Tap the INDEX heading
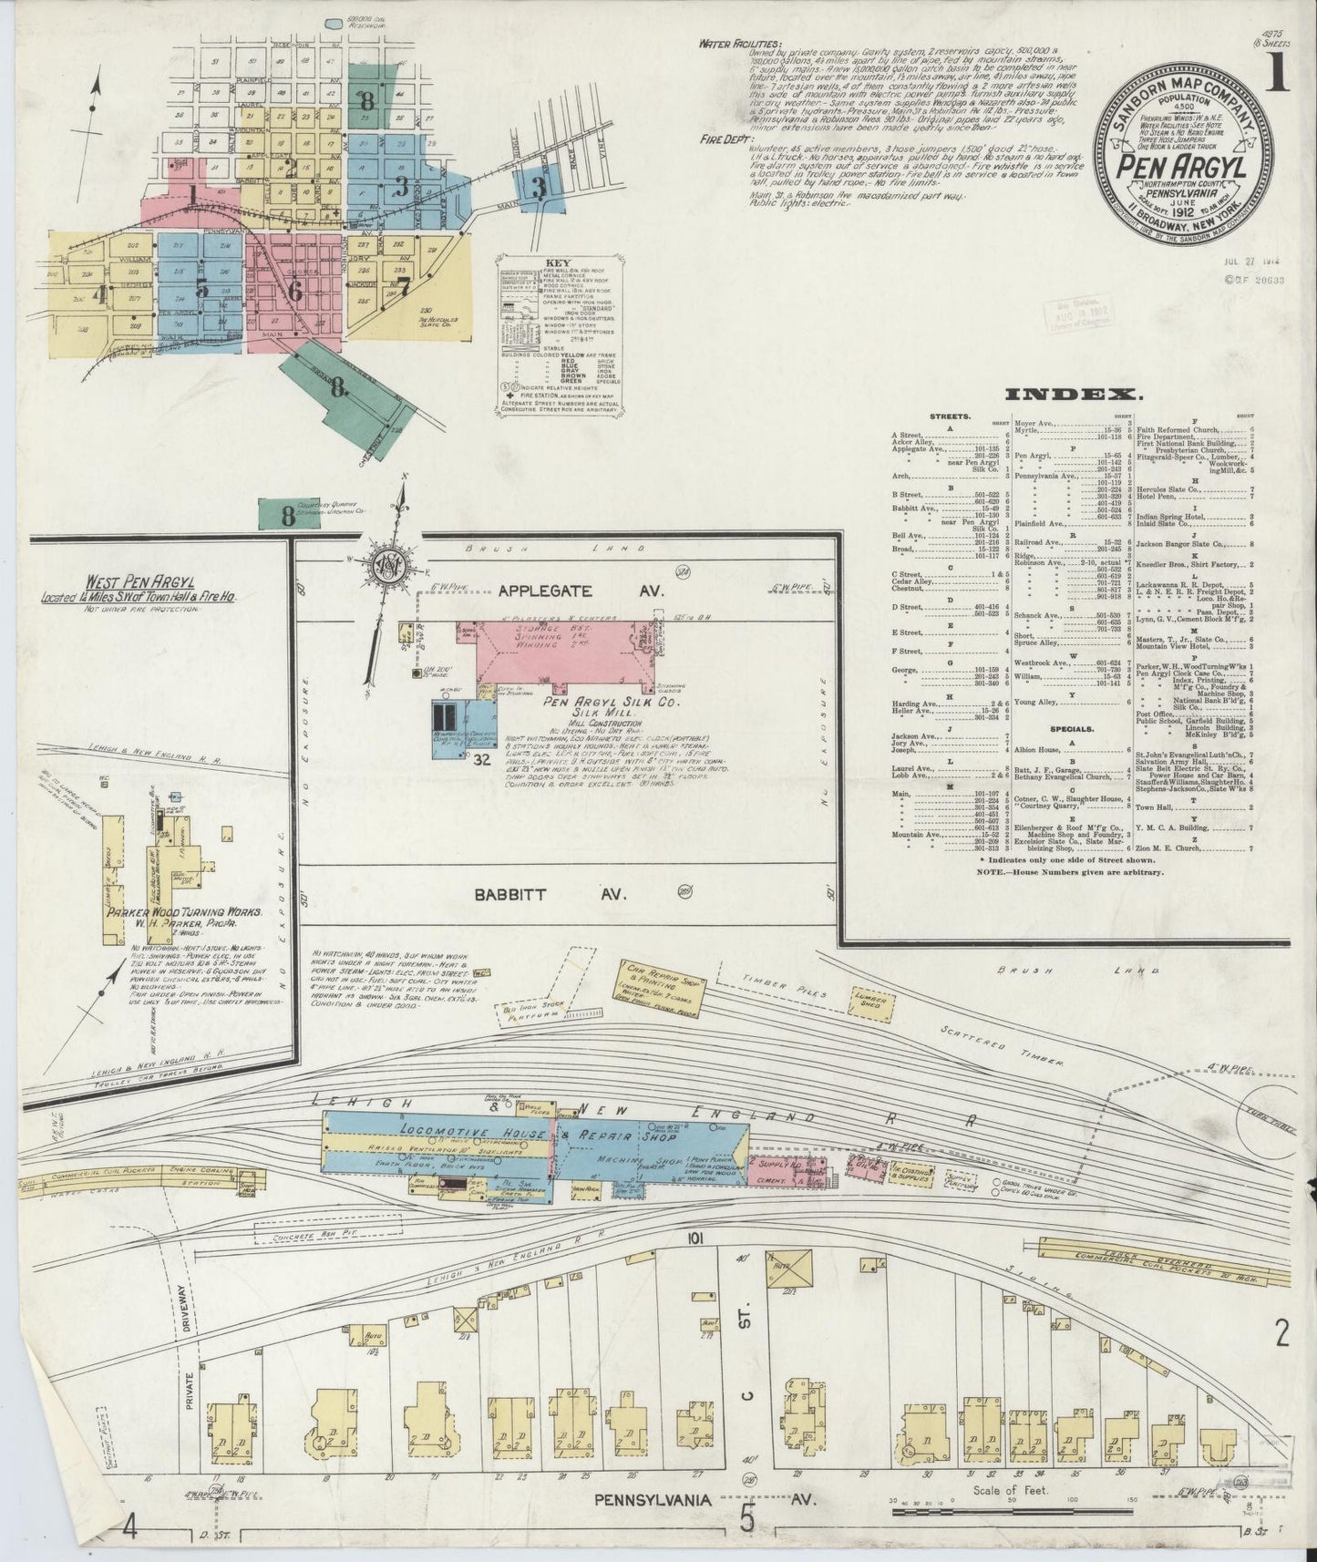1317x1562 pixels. tap(1074, 395)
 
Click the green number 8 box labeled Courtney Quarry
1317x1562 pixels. tap(288, 515)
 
